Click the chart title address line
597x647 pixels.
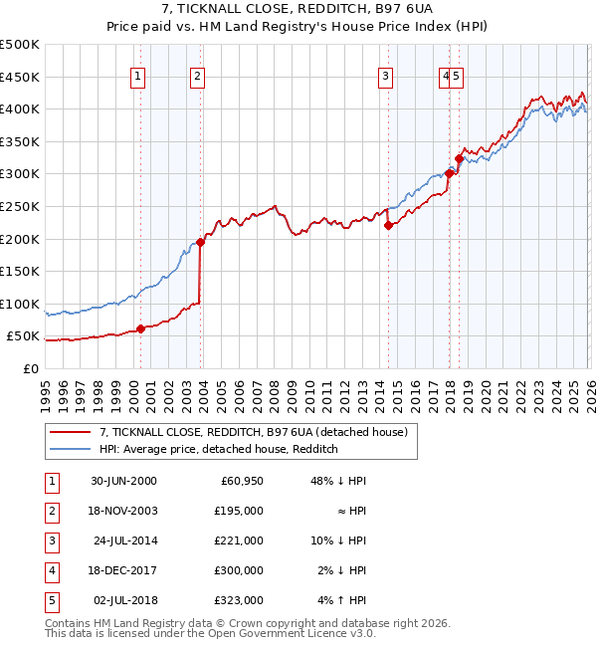298,11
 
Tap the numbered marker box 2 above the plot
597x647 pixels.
198,76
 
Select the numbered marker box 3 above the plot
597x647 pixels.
385,76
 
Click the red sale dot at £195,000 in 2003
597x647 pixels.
200,241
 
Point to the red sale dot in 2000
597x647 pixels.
140,328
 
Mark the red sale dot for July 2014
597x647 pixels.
388,225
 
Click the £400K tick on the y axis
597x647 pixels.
20,108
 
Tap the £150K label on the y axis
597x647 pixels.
20,271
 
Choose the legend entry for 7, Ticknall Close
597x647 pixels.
253,432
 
